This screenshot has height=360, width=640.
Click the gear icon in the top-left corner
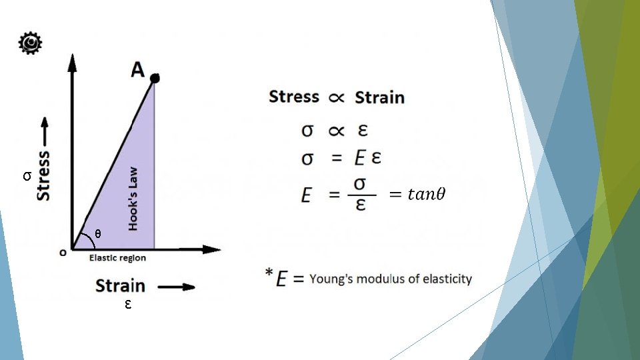click(30, 43)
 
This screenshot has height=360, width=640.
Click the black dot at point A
click(155, 79)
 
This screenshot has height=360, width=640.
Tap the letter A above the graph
click(138, 69)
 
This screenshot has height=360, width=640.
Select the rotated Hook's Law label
click(133, 199)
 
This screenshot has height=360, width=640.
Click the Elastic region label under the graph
click(117, 258)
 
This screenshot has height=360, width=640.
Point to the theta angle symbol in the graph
click(98, 234)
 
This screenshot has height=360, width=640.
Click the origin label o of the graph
click(63, 252)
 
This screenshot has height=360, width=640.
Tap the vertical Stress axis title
click(43, 175)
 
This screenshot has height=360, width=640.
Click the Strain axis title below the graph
click(120, 286)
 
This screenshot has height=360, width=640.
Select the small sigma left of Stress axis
click(26, 177)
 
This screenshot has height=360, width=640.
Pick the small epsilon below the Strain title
click(127, 305)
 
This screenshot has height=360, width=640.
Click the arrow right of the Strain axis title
click(177, 287)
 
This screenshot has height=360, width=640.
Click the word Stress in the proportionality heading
click(294, 97)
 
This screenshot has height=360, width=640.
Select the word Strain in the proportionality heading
click(379, 97)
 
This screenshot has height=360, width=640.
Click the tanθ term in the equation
click(417, 194)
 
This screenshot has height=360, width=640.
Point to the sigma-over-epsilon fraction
click(360, 193)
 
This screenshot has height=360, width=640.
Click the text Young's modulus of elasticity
click(391, 279)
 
